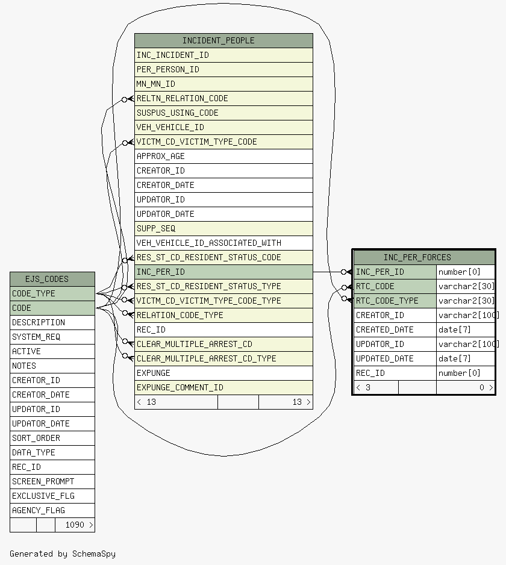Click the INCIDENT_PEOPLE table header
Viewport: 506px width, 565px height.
(x=223, y=41)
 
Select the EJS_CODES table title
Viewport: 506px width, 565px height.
(x=47, y=279)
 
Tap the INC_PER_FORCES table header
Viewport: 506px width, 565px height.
(x=417, y=257)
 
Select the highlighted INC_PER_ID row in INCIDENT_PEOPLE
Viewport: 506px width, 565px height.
(x=223, y=272)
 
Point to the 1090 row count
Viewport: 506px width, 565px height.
(x=75, y=525)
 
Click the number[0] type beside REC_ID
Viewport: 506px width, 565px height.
(x=459, y=373)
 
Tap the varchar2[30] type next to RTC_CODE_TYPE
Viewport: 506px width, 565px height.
(x=466, y=301)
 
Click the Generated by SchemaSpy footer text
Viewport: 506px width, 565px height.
(x=63, y=554)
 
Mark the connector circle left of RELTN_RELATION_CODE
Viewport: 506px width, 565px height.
(x=124, y=99)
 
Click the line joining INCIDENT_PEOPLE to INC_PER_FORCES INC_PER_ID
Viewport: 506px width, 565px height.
(x=327, y=272)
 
